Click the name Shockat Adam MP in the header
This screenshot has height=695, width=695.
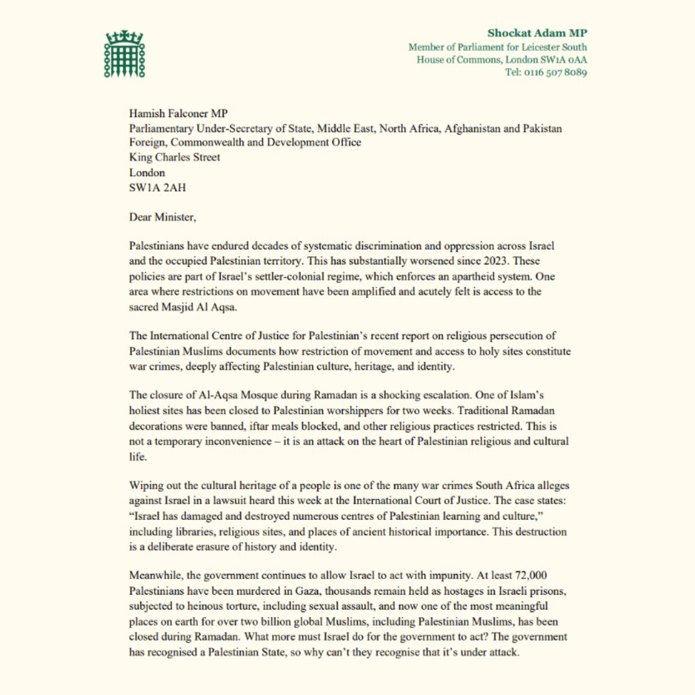pyautogui.click(x=537, y=33)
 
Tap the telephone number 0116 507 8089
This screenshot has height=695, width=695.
pyautogui.click(x=554, y=72)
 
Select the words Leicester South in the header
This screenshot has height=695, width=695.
pyautogui.click(x=554, y=47)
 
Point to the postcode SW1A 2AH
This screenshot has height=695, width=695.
pyautogui.click(x=153, y=187)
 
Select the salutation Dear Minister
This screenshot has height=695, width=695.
pyautogui.click(x=162, y=217)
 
